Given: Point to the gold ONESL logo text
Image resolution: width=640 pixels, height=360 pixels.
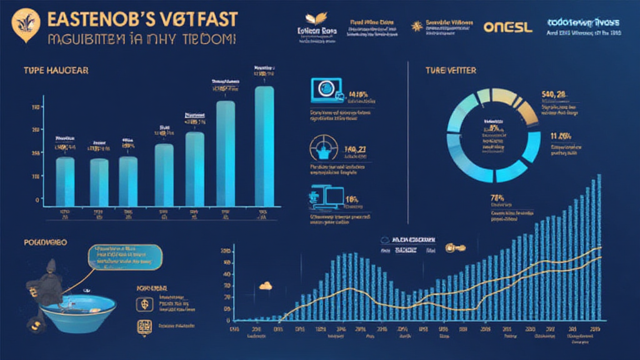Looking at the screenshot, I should click(508, 28).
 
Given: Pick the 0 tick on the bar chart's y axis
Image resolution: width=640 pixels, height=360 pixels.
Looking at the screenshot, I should click(37, 200).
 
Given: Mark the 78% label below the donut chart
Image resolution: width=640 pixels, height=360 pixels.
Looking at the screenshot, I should click(498, 197).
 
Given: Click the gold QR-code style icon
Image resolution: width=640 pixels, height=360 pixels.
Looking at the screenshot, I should click(141, 326).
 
